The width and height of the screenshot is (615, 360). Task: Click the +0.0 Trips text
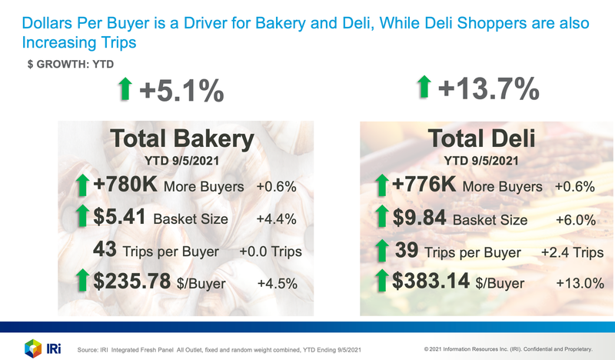pos(270,252)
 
